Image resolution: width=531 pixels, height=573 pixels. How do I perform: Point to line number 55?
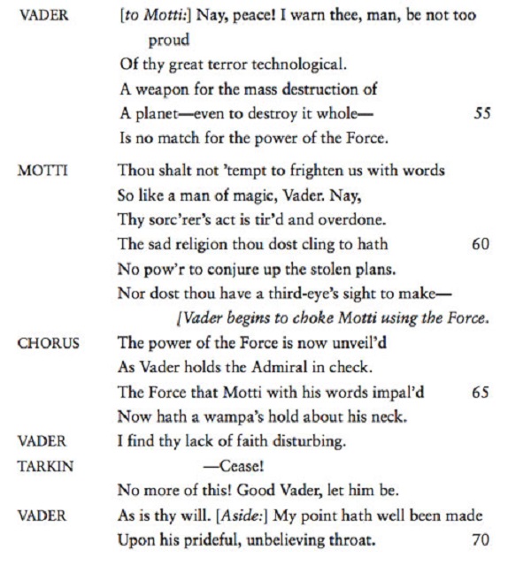tap(482, 115)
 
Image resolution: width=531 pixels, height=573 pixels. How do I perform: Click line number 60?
tap(481, 243)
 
